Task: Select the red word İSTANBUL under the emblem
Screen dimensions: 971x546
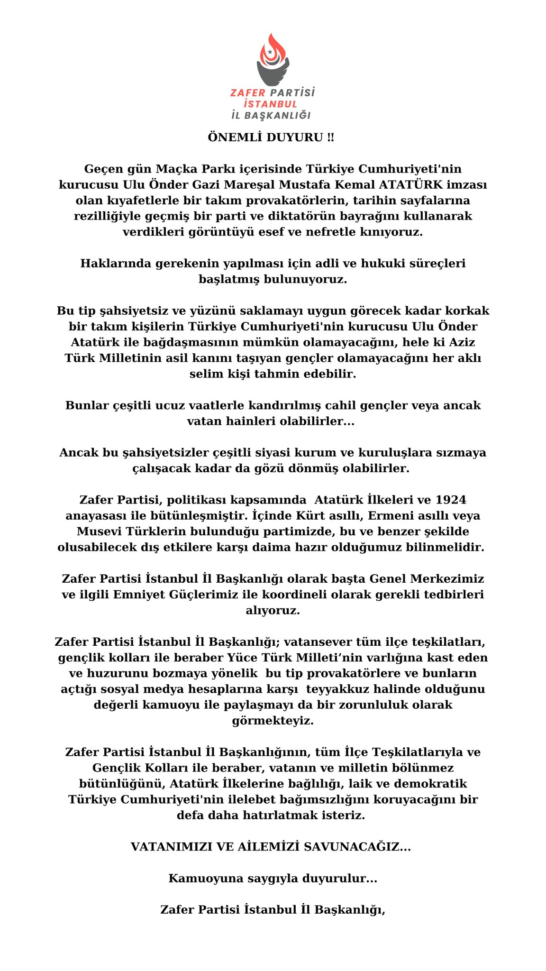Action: click(x=270, y=104)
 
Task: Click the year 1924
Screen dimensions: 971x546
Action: click(x=450, y=500)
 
